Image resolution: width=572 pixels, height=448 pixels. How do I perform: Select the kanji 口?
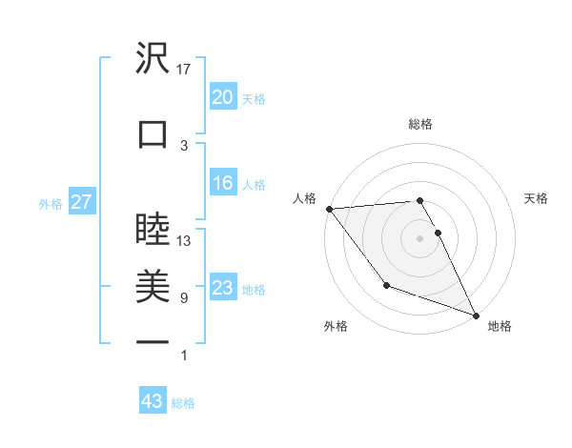click(153, 133)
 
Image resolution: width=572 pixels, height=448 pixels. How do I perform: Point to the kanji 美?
click(153, 285)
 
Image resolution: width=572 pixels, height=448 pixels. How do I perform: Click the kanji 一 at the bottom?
click(153, 340)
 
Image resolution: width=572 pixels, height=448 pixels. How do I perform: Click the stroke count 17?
click(184, 69)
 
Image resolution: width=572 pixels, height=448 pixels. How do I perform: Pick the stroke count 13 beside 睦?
click(184, 241)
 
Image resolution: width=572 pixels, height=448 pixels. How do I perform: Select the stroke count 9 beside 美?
click(184, 298)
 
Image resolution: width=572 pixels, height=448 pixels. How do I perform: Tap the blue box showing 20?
click(222, 97)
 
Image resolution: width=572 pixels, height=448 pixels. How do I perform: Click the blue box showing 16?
click(222, 184)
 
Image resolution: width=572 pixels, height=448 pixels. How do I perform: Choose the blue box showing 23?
click(222, 288)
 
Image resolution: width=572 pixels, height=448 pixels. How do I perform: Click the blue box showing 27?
click(81, 202)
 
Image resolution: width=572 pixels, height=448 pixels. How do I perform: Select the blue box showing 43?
click(153, 402)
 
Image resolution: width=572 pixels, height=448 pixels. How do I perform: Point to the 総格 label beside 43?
click(183, 403)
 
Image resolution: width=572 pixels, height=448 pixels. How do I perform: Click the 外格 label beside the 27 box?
click(51, 203)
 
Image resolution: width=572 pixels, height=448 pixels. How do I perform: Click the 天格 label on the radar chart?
click(537, 198)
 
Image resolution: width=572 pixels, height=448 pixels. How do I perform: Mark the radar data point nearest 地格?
click(476, 315)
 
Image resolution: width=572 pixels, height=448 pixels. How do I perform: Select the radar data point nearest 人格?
click(329, 209)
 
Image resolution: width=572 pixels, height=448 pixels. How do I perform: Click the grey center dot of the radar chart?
click(419, 238)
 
